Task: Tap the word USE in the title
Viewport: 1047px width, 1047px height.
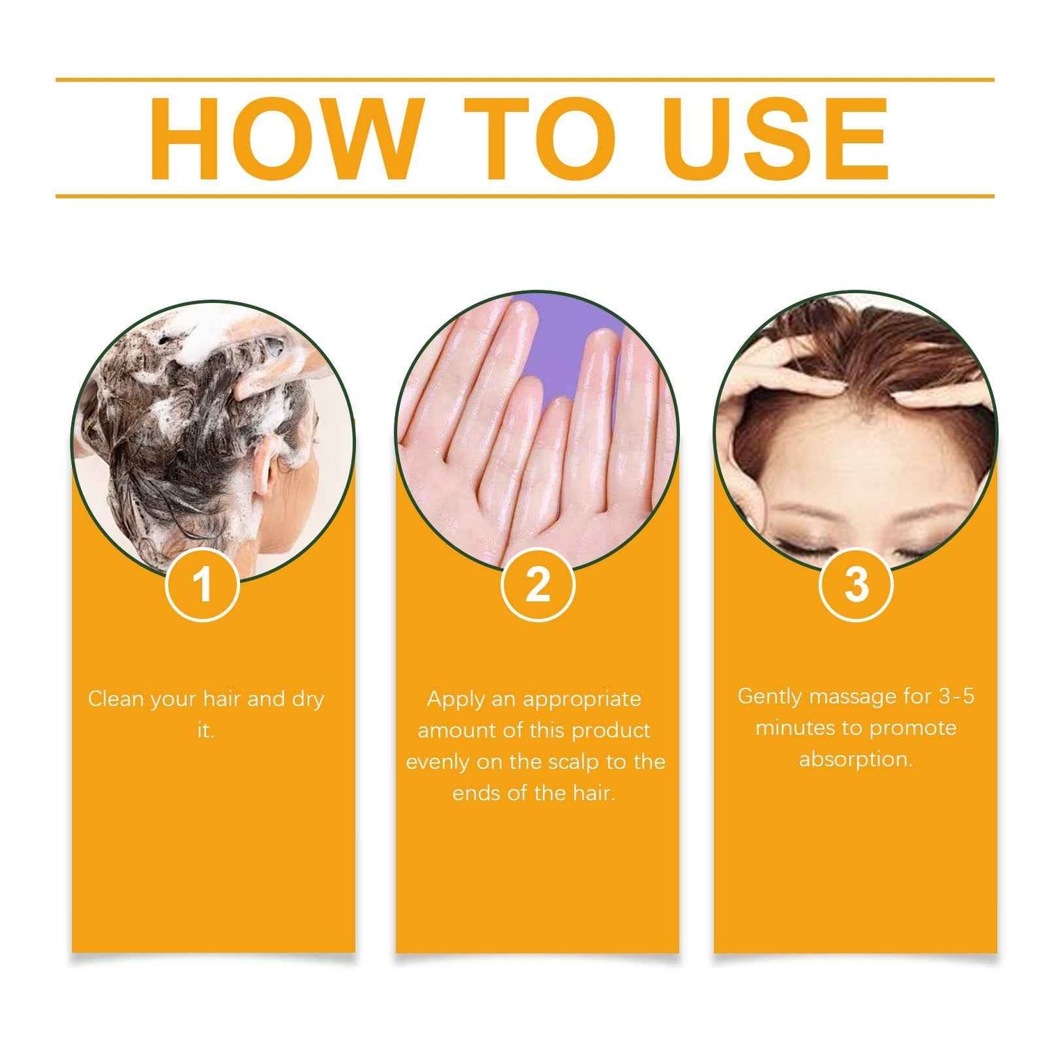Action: pos(775,139)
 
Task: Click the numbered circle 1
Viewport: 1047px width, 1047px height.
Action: pos(202,584)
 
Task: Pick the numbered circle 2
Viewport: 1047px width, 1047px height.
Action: pos(537,584)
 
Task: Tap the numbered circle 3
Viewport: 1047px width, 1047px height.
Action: pos(856,584)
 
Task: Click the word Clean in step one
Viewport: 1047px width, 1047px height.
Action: pos(116,699)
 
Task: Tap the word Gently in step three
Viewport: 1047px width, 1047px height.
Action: pos(769,697)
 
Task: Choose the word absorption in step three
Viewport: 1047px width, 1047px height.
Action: pos(855,759)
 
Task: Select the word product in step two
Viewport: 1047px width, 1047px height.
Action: pos(611,731)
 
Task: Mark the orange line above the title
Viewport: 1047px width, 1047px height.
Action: pos(524,80)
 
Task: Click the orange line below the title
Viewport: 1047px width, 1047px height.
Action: pos(524,196)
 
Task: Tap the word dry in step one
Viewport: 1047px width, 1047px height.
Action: pos(308,699)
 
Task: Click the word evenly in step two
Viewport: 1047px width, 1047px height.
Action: pos(438,762)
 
